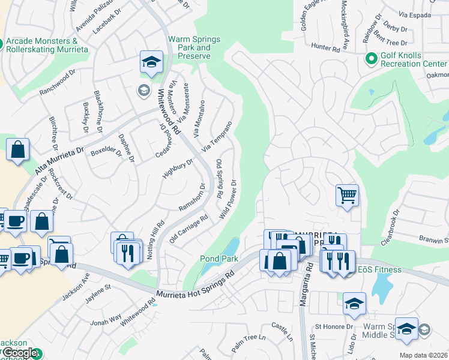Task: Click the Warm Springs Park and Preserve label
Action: [194, 47]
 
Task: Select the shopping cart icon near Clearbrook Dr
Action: [347, 195]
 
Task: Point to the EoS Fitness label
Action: [380, 269]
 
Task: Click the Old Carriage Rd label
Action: [188, 229]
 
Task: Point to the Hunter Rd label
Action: [325, 46]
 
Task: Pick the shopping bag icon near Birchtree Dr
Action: [18, 149]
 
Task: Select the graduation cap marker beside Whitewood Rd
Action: [152, 62]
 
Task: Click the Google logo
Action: [19, 353]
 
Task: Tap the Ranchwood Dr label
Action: [58, 85]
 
